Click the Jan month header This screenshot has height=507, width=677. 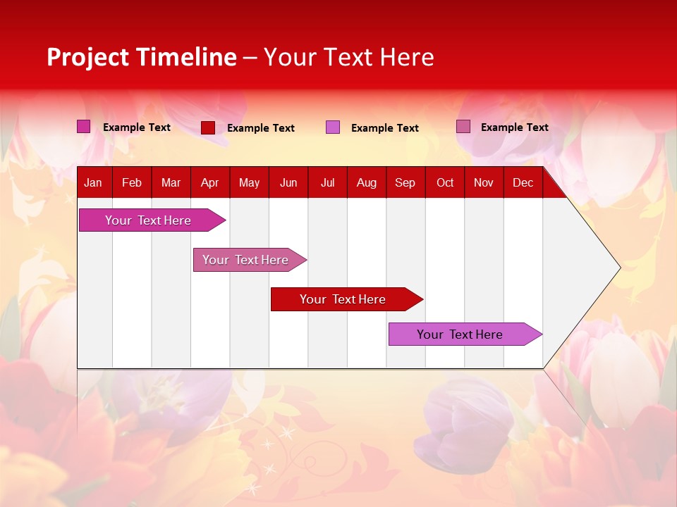coord(93,183)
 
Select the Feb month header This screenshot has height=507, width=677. coord(132,183)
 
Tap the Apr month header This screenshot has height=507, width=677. coord(210,183)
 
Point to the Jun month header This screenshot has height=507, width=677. coord(288,183)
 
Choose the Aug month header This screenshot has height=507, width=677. coord(367,183)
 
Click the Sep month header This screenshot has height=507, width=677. coord(405,183)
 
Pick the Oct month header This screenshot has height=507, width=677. coord(445,183)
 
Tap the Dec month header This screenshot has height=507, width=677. coord(523,183)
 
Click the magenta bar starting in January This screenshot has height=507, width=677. coord(148,220)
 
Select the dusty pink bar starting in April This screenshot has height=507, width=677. coord(245,260)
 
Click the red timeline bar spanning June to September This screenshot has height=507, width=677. coord(343,299)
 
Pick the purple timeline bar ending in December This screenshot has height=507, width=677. coord(460,334)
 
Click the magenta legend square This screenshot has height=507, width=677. coord(84,127)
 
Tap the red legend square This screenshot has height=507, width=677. coord(208,127)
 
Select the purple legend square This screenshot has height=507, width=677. coord(333,127)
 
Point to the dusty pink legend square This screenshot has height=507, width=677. coord(463,127)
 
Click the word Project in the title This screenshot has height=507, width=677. coord(88,57)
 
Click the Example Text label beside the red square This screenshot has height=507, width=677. coord(261,128)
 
